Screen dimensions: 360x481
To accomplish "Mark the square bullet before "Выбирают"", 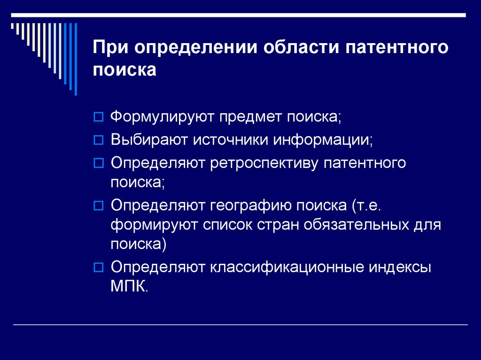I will tap(98, 140).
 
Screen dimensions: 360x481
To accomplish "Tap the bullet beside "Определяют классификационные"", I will tap(98, 268).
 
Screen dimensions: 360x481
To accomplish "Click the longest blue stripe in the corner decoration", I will tap(76, 59).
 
